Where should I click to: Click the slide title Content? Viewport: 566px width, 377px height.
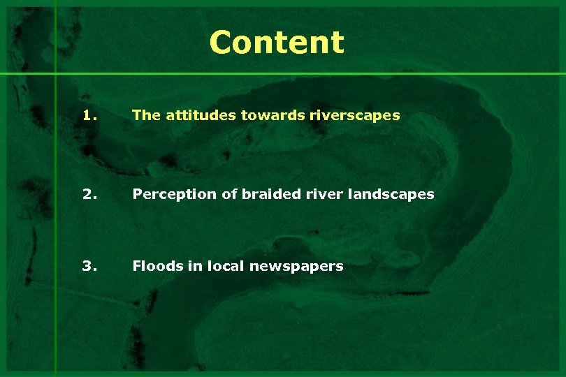[x=277, y=42]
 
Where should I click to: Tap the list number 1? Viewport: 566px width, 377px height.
[x=88, y=115]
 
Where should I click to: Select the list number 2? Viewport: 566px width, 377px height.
[x=88, y=193]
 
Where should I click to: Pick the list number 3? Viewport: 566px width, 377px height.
[x=88, y=265]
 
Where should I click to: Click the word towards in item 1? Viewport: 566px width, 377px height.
[x=266, y=115]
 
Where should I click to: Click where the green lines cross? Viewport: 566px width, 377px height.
[x=55, y=73]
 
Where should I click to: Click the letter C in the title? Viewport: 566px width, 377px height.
[x=220, y=42]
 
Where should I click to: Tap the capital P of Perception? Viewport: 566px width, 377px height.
[x=137, y=193]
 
